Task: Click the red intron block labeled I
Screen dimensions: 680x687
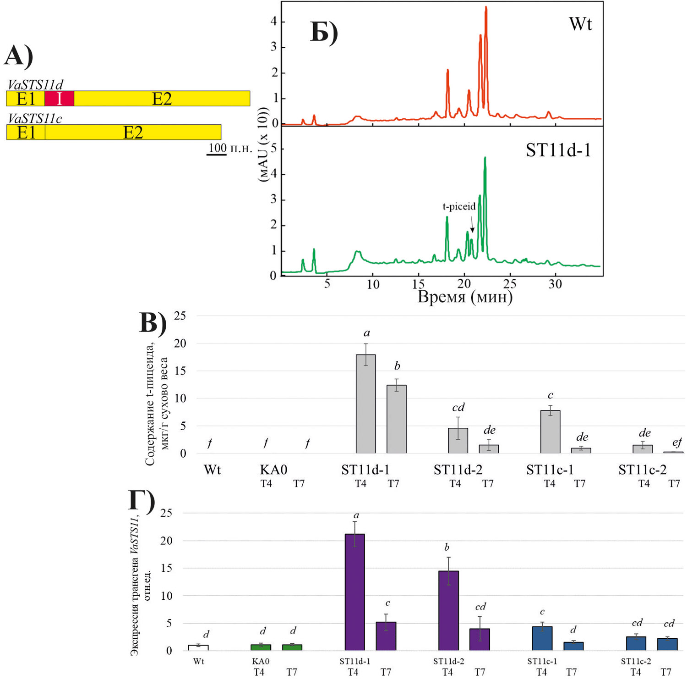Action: point(59,99)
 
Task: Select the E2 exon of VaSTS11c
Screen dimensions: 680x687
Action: point(133,133)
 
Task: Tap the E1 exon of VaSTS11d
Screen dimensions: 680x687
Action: point(26,99)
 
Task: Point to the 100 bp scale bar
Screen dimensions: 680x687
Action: point(216,155)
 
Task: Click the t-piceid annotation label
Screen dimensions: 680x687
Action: point(459,206)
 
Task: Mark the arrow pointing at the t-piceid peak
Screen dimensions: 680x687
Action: point(472,224)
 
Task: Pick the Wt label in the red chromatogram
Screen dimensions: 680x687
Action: point(580,24)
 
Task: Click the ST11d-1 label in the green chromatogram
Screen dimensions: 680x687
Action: point(558,150)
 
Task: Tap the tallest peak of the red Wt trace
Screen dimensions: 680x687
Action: point(486,9)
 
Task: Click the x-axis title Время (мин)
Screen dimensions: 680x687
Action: point(465,297)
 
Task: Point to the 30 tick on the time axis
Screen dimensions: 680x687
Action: point(555,284)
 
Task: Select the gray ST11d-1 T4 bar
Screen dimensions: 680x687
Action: point(365,404)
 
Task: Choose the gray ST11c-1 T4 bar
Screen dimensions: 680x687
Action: point(550,431)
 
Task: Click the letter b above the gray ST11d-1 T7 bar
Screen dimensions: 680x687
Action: point(397,366)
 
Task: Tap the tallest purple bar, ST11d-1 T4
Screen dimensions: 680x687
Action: point(355,592)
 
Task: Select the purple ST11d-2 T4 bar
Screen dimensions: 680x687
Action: point(448,610)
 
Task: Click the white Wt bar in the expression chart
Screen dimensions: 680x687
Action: point(198,647)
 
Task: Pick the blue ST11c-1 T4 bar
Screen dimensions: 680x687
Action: point(542,638)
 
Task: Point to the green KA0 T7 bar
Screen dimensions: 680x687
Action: point(292,647)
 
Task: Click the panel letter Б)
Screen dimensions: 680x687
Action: point(324,32)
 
